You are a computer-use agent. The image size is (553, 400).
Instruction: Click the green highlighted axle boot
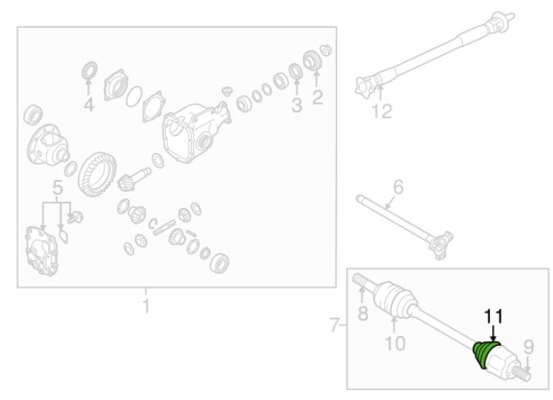coord(484,354)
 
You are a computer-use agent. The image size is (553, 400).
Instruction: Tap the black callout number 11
coord(493,317)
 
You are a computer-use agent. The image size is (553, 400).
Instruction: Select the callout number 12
coord(382,111)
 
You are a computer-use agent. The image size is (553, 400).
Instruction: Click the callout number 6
coord(398,187)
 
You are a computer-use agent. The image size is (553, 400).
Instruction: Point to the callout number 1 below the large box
coord(146,306)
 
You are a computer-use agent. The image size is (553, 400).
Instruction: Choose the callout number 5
coord(57,188)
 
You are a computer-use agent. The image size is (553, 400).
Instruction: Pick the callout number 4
coord(89,105)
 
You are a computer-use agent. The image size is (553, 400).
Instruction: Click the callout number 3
coord(297,105)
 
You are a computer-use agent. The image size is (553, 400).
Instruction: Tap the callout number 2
coord(318,98)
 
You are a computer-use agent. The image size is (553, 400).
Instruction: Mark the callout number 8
coord(363,313)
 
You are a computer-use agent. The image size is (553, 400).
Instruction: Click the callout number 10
coord(395,343)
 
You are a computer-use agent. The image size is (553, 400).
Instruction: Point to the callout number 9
coord(528,348)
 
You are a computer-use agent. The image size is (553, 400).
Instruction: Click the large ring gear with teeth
coord(98,174)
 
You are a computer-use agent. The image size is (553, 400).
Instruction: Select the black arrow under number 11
coord(493,333)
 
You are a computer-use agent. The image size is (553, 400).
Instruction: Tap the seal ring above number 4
coord(89,70)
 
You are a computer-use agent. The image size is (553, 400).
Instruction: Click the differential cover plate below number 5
coord(42,251)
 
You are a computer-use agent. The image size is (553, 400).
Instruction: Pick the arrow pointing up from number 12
coord(380,93)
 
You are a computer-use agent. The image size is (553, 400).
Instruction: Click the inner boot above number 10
coord(395,299)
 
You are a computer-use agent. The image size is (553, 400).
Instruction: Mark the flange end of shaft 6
coord(440,244)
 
